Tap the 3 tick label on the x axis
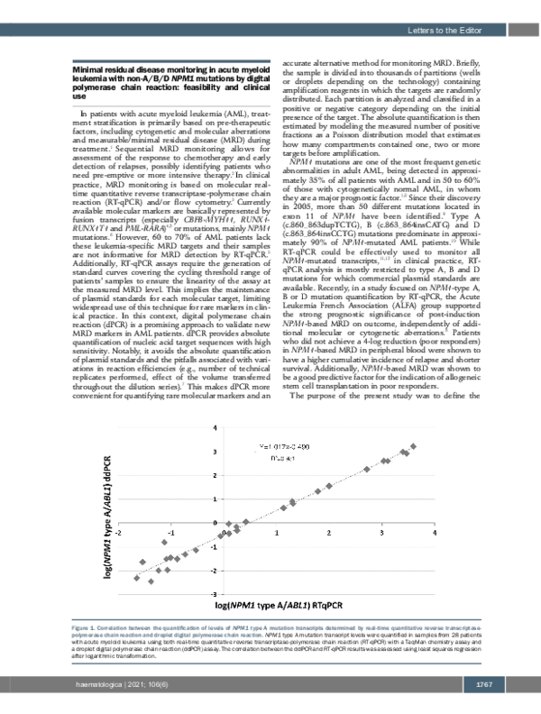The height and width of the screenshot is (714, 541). point(383,532)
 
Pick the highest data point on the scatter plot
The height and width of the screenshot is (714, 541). point(414,446)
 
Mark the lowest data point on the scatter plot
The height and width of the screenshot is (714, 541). point(138,578)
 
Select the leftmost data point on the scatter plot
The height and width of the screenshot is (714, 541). point(138,578)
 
